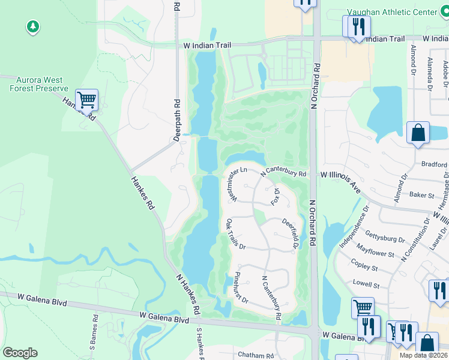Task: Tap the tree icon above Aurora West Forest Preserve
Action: tap(32, 26)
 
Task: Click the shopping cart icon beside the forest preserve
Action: tap(86, 100)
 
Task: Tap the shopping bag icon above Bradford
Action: tap(418, 133)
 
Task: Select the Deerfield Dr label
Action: tap(291, 233)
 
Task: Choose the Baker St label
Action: tap(421, 195)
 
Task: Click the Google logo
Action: tap(20, 353)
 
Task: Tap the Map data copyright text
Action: tap(423, 355)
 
